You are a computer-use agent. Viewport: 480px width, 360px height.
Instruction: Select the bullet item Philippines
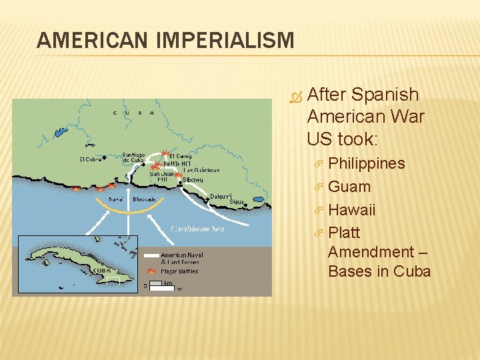tap(366, 164)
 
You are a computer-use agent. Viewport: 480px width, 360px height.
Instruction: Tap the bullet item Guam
tap(349, 187)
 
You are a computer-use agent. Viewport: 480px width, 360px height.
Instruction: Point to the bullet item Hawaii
tap(352, 210)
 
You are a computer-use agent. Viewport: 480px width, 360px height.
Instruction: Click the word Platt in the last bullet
tap(344, 233)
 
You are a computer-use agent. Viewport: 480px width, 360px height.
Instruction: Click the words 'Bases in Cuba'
tap(379, 271)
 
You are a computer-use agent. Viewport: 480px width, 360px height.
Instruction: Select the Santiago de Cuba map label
tap(133, 158)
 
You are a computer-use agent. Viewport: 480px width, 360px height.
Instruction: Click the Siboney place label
tap(193, 179)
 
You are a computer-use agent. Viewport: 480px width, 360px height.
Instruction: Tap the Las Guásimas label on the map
tap(201, 170)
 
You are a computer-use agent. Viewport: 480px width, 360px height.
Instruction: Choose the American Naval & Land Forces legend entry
tap(181, 258)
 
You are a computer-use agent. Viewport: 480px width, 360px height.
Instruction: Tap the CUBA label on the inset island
tap(101, 271)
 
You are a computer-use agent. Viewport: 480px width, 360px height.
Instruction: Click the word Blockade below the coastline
tap(144, 199)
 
